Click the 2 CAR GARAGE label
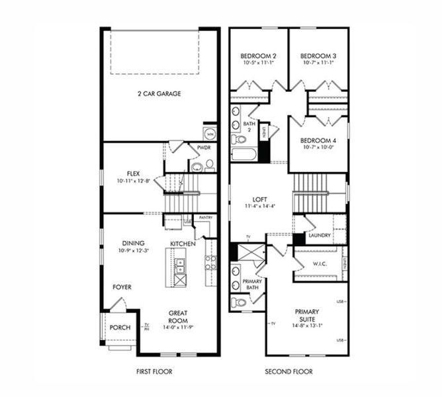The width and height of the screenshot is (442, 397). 158,94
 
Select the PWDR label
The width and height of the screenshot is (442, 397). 204,148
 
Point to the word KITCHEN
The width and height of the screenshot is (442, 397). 183,244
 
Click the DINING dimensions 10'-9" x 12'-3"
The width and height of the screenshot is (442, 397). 134,251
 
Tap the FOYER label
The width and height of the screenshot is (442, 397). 121,287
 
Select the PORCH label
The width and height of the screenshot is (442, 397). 120,328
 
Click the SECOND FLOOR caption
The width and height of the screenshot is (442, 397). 288,372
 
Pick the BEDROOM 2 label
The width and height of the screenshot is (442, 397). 257,56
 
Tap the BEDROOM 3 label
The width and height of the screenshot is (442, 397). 318,56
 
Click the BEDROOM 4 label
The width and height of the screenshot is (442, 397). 318,141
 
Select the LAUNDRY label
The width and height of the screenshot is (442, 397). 319,235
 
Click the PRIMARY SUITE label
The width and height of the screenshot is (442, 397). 307,315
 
